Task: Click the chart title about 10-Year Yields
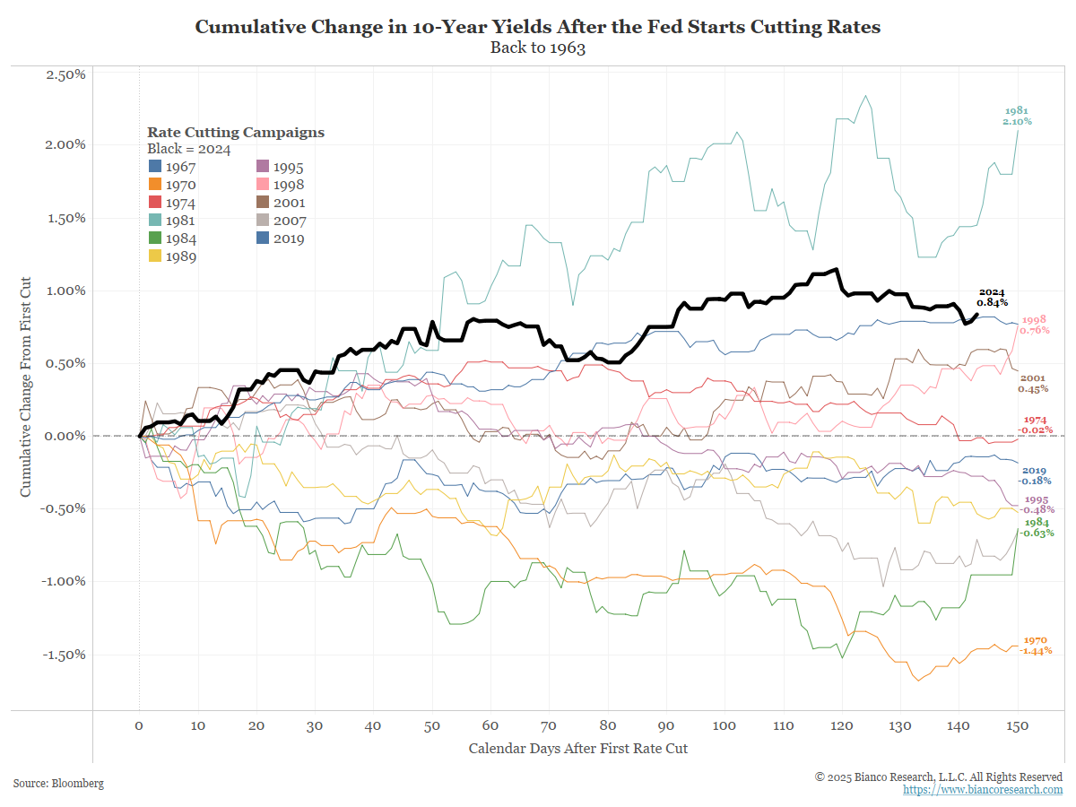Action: pyautogui.click(x=537, y=27)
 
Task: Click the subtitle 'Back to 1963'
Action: pyautogui.click(x=537, y=48)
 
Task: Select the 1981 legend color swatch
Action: pyautogui.click(x=155, y=221)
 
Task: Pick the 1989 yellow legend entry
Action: pyautogui.click(x=172, y=256)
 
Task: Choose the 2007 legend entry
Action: pyautogui.click(x=280, y=221)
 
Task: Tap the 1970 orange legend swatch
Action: pyautogui.click(x=155, y=185)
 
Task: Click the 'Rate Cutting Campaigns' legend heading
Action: pyautogui.click(x=236, y=133)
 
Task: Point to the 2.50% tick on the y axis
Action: pyautogui.click(x=65, y=74)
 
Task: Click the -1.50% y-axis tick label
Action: pyautogui.click(x=64, y=654)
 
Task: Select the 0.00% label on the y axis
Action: pyautogui.click(x=65, y=436)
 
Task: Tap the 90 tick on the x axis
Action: pyautogui.click(x=666, y=725)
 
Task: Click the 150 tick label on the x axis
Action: pyautogui.click(x=1018, y=725)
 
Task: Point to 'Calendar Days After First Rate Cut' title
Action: pyautogui.click(x=578, y=748)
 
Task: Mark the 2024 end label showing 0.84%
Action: pyautogui.click(x=992, y=298)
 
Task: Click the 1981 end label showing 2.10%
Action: pyautogui.click(x=1018, y=116)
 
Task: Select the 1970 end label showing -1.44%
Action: pyautogui.click(x=1036, y=645)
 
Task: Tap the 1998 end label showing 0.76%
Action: pyautogui.click(x=1035, y=325)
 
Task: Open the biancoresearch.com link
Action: pyautogui.click(x=983, y=790)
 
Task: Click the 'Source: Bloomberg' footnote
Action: pyautogui.click(x=58, y=784)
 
